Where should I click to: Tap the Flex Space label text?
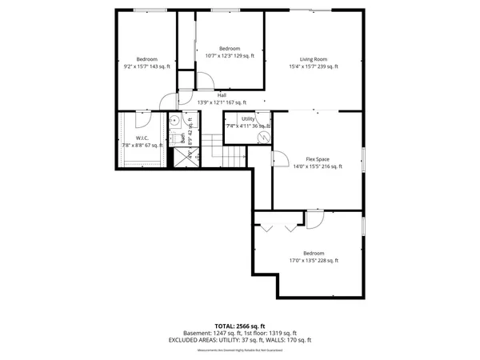[318, 158]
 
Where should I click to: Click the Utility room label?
[248, 118]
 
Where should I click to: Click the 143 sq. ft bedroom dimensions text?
[146, 67]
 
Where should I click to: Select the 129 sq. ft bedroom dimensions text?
[230, 56]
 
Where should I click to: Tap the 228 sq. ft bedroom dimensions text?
[314, 260]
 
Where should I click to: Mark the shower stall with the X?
[185, 158]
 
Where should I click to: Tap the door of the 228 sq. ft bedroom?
[314, 220]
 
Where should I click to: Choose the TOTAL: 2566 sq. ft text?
[240, 326]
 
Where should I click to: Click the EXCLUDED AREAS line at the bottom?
[240, 340]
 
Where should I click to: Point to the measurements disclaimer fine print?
[240, 349]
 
